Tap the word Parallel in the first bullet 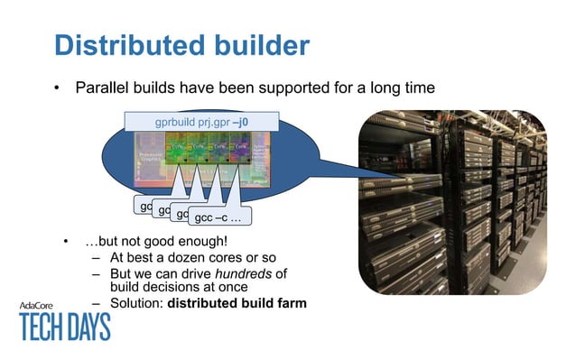point(104,88)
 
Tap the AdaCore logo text point(41,305)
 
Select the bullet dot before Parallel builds point(56,89)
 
